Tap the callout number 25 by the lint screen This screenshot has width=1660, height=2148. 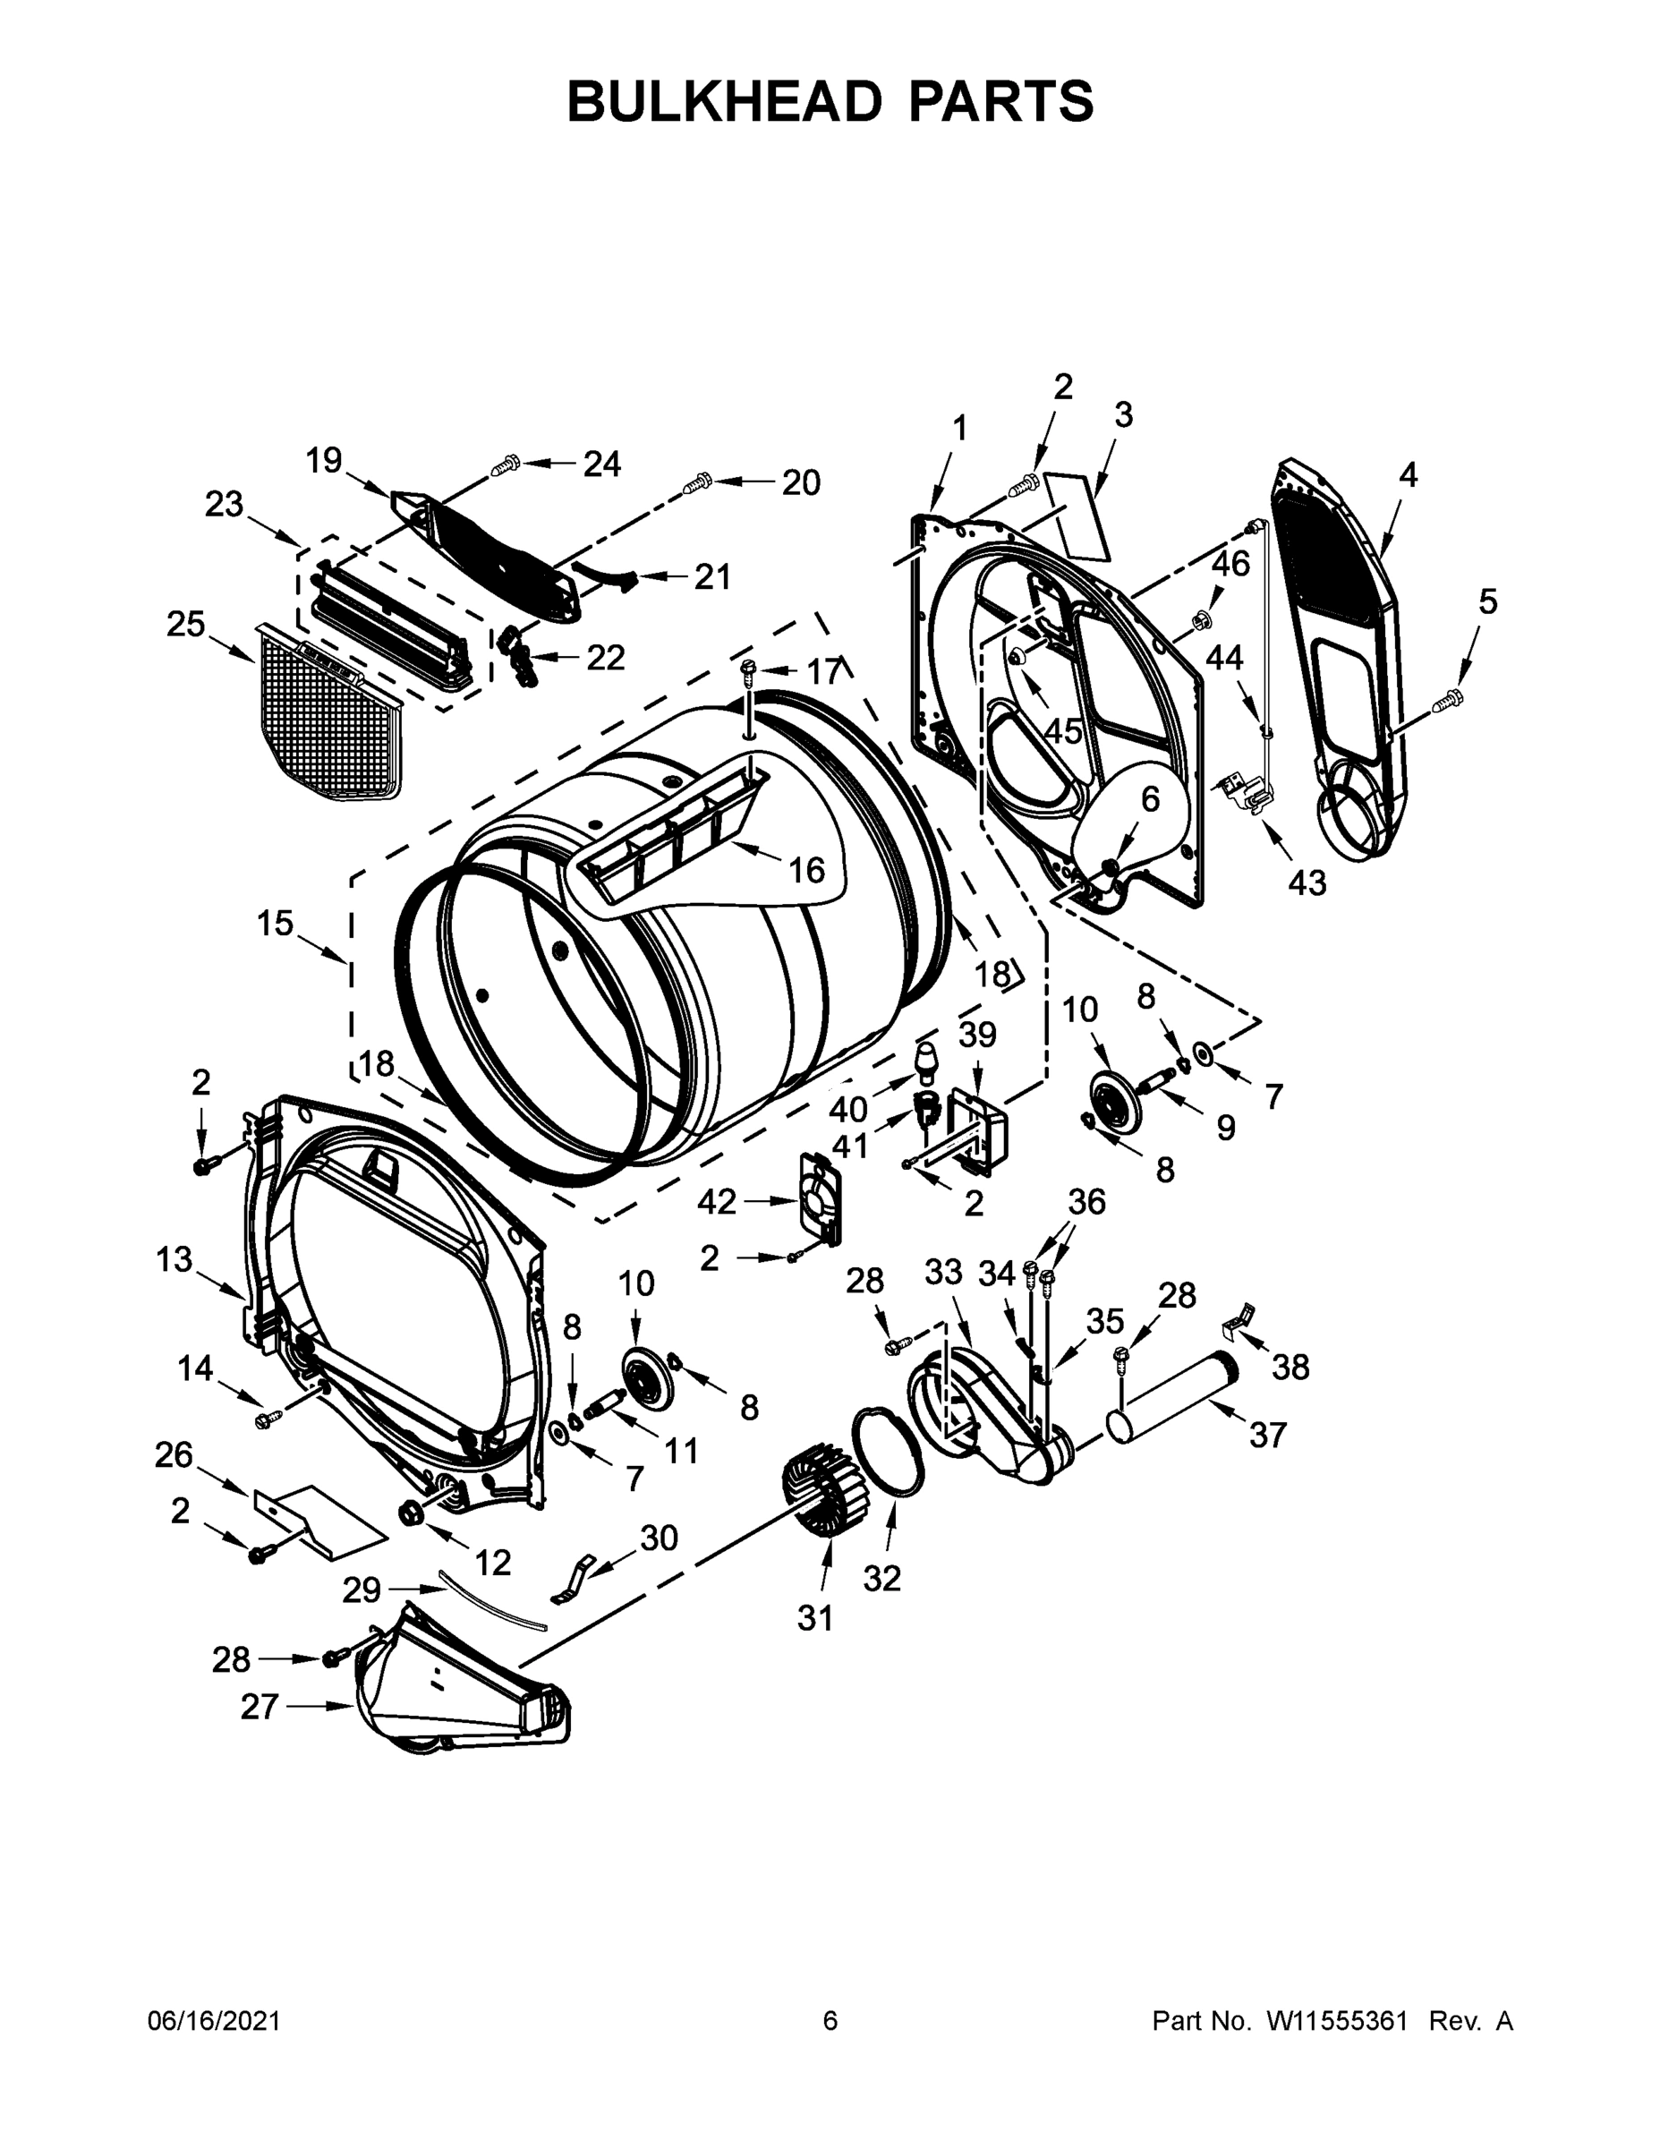(186, 624)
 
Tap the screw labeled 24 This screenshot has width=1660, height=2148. (507, 465)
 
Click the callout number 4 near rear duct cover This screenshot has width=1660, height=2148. (1409, 476)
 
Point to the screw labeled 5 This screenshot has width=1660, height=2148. (1448, 700)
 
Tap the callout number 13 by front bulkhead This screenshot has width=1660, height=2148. (175, 1259)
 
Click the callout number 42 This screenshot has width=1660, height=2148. (717, 1202)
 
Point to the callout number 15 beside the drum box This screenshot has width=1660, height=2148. (276, 924)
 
